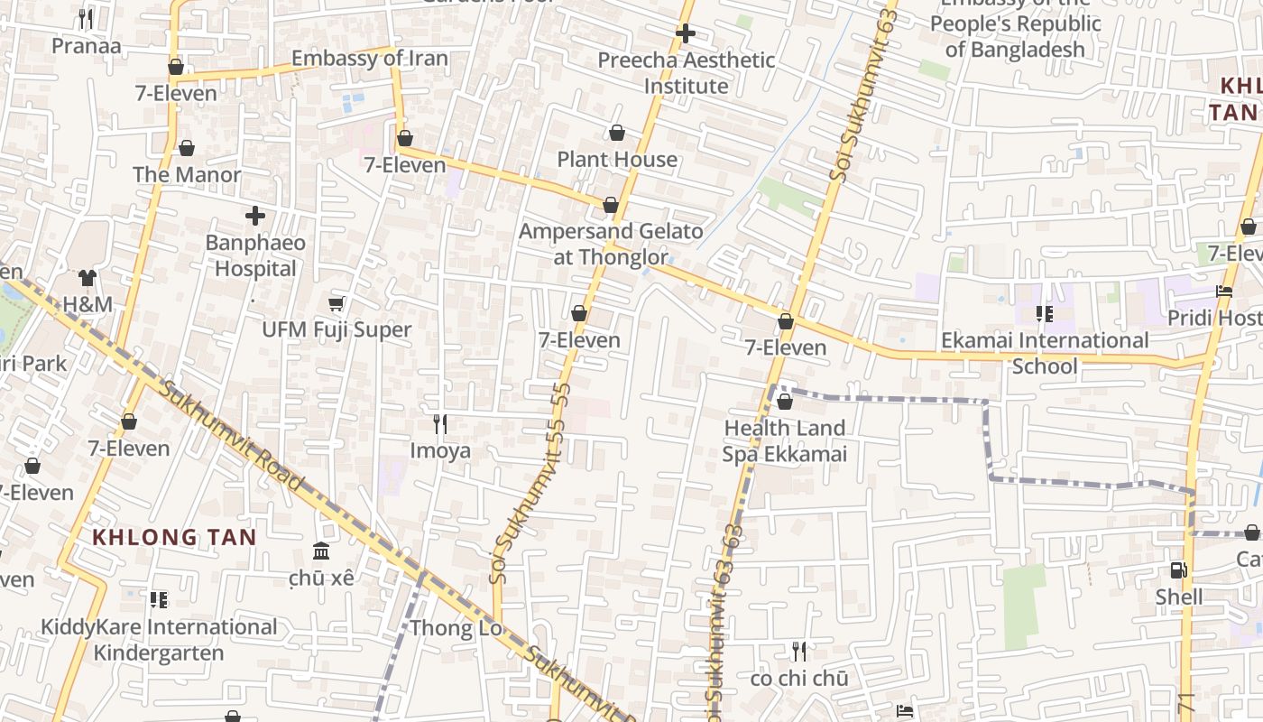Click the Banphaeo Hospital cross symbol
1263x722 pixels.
pos(255,216)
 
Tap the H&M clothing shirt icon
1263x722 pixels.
pos(88,277)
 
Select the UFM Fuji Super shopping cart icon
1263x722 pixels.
pos(336,303)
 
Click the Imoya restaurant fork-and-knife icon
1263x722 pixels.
pos(440,423)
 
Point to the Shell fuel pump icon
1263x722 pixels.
pos(1178,570)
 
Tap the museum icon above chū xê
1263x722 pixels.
pos(321,551)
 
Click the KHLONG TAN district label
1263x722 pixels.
pos(174,537)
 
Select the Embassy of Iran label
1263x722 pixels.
pos(369,59)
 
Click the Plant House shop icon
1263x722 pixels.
pos(617,134)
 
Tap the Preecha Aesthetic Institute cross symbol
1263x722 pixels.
pos(686,34)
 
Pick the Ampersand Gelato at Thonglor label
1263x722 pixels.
pos(611,244)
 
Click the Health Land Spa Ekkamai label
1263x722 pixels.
pos(784,440)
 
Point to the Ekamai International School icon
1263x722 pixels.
pos(1044,314)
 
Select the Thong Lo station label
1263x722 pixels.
pos(456,628)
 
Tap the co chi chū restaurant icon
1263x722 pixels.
pos(798,651)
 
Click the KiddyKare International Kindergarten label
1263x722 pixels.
pos(159,639)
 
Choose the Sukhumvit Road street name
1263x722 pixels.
pos(232,435)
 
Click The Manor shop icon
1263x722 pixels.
pos(187,148)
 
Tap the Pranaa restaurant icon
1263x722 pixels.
pos(86,18)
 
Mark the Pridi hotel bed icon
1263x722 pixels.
pos(1224,292)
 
